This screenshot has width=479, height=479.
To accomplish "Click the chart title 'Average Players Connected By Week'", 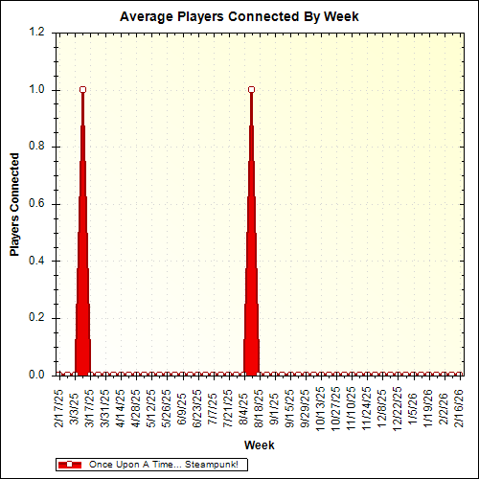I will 239,17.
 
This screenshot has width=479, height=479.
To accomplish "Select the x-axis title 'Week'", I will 259,445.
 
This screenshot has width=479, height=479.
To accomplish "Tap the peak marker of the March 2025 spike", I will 83,89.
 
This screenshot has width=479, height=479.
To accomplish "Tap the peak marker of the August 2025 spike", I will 251,89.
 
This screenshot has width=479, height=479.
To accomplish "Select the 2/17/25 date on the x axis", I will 59,407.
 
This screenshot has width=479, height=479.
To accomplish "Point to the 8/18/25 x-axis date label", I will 259,407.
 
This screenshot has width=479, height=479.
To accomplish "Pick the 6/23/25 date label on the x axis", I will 197,407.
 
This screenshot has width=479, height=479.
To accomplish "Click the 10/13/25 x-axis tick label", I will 320,407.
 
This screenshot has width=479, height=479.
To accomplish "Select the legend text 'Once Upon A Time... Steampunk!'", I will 162,465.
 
